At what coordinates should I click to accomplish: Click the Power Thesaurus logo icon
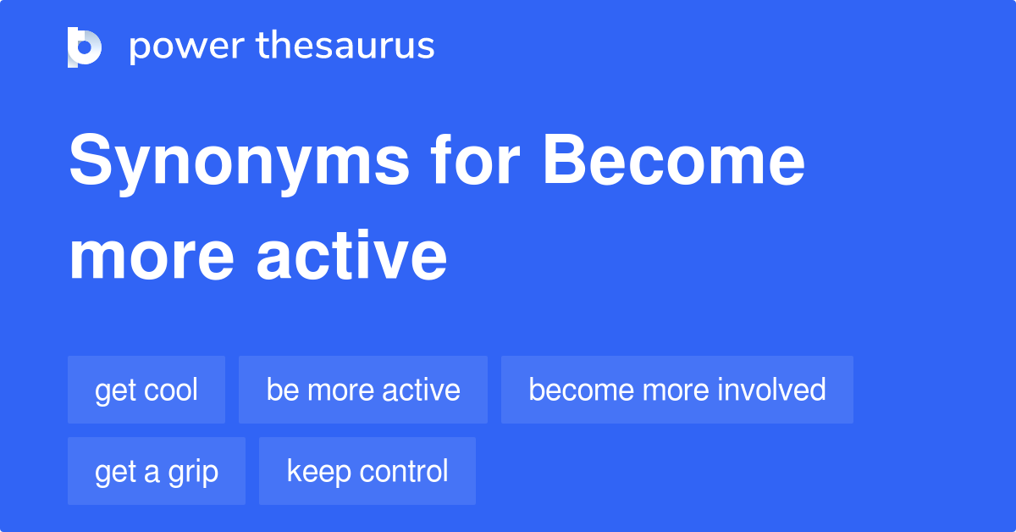point(85,47)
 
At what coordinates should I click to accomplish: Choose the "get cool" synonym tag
point(146,390)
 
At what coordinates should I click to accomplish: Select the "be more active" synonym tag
point(363,390)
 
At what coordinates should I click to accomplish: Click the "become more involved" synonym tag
point(677,390)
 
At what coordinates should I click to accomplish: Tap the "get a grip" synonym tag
point(157,471)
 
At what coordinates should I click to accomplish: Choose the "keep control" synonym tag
point(367,471)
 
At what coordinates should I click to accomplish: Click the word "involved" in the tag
point(771,390)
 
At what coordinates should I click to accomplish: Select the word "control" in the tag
point(402,471)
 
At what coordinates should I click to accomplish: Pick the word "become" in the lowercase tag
point(582,390)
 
